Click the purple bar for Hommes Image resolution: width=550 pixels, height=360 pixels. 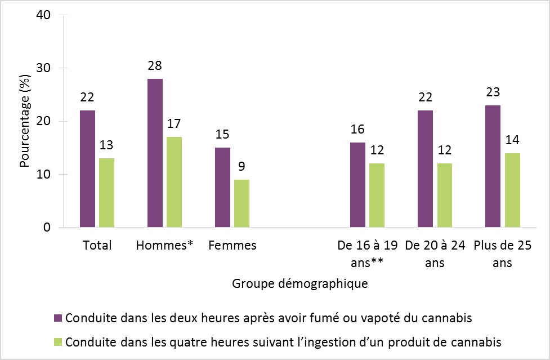click(155, 153)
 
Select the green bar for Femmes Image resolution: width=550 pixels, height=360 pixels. click(242, 203)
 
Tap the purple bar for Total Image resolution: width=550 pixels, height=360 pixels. click(87, 169)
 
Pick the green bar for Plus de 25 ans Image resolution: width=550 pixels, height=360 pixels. click(512, 190)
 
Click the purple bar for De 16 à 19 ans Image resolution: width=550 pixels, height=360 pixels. click(357, 185)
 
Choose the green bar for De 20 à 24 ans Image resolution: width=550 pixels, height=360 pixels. click(444, 195)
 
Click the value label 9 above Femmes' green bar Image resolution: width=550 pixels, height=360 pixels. click(242, 167)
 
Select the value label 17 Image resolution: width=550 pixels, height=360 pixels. click(174, 124)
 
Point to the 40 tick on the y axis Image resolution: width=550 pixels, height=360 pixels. click(46, 15)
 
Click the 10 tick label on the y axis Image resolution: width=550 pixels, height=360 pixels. click(46, 175)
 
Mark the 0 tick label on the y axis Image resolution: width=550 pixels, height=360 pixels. click(48, 228)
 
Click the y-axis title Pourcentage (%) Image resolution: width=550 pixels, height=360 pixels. click(25, 121)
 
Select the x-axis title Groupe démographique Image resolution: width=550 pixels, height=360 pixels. click(300, 283)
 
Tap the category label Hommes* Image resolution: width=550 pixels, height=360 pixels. click(164, 246)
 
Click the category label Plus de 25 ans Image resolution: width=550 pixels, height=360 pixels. click(502, 254)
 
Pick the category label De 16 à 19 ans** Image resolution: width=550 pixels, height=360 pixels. click(368, 254)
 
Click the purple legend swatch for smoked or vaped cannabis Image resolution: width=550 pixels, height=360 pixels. click(58, 317)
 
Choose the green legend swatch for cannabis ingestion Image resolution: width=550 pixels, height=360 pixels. click(58, 342)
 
